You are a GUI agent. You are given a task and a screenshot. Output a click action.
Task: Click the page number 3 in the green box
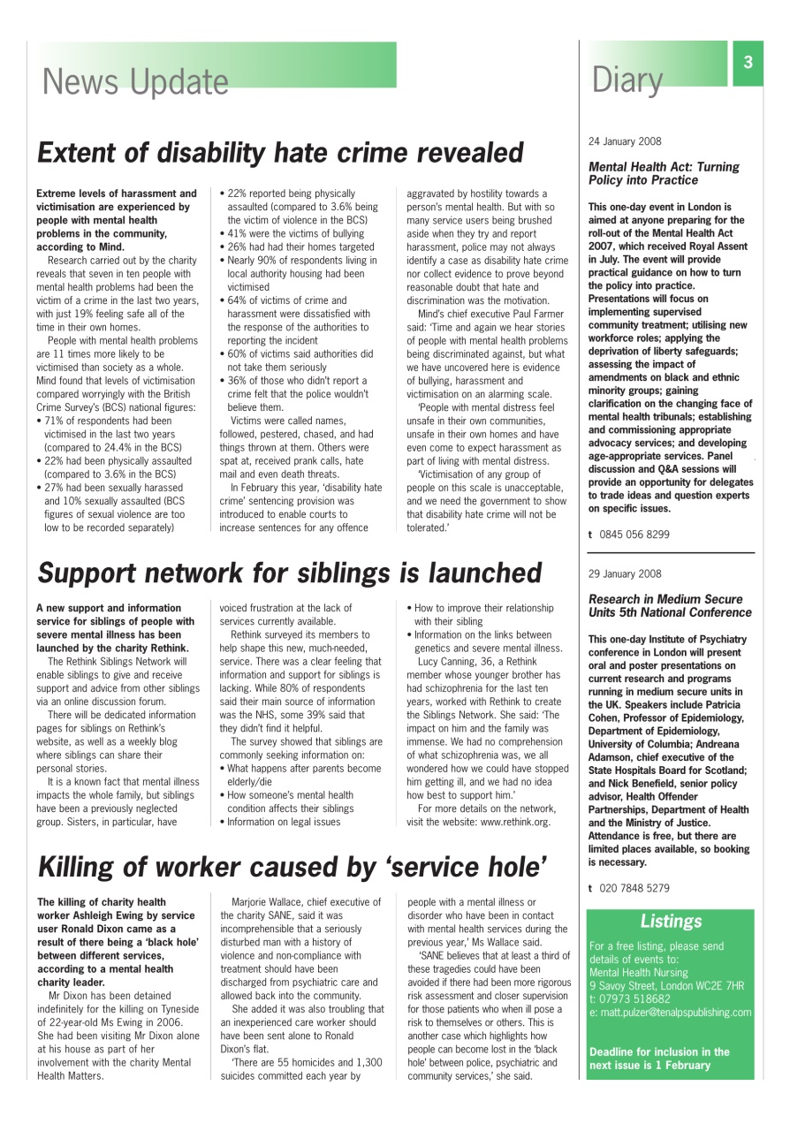tap(748, 63)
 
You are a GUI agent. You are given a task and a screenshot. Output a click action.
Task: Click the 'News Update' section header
tap(135, 81)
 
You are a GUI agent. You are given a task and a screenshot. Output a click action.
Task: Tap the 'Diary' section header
tap(627, 80)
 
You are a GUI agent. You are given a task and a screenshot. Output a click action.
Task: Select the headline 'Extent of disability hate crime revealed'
tap(280, 153)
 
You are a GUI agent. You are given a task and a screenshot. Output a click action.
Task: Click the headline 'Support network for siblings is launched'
tap(289, 573)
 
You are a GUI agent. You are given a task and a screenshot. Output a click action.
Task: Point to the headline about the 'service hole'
tap(292, 867)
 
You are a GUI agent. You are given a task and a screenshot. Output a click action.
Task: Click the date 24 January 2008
tap(624, 141)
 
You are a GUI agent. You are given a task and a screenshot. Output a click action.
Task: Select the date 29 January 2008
tap(624, 573)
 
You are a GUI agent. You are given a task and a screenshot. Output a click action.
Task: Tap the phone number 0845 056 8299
tap(634, 535)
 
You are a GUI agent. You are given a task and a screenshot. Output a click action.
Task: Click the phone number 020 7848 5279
tap(634, 888)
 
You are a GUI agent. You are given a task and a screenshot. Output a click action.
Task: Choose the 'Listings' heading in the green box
tap(671, 922)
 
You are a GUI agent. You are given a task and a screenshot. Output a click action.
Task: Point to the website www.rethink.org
tap(515, 822)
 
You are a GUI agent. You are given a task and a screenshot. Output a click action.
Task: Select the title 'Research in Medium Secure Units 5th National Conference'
tap(670, 606)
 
